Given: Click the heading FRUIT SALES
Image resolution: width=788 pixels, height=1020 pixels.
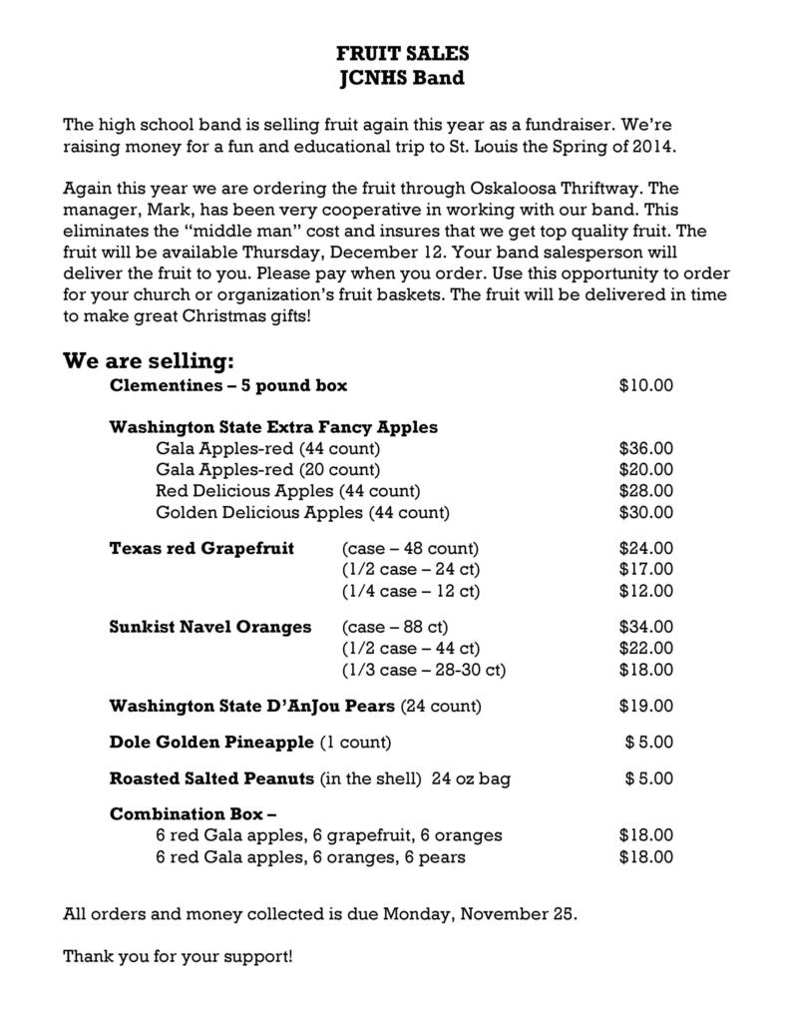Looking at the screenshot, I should click(402, 53).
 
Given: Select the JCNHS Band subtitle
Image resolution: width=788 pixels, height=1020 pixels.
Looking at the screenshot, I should click(402, 77).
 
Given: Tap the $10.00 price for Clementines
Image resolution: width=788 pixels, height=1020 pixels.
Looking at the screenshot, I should click(645, 385).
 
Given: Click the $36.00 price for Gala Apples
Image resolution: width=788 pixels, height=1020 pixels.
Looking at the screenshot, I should click(645, 448).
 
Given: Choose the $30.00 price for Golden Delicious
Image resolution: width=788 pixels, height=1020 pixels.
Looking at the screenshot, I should click(645, 513).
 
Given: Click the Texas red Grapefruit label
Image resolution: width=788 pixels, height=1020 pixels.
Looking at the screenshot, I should click(201, 548).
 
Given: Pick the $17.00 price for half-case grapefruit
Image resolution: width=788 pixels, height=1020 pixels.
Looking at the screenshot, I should click(645, 570).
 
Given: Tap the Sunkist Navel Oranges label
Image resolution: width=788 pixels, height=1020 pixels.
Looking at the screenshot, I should click(209, 627).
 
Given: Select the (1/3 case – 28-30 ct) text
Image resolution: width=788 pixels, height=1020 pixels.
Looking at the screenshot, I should click(423, 670).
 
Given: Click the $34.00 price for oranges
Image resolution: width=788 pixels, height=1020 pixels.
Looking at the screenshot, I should click(645, 627).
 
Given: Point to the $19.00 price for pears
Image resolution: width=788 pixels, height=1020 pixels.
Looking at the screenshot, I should click(645, 707).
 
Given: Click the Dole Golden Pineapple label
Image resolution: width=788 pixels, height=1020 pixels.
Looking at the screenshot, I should click(211, 743).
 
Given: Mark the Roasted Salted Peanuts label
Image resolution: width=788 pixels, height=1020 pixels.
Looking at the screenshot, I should click(211, 778).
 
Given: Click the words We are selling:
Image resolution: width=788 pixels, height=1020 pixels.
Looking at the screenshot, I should click(149, 359).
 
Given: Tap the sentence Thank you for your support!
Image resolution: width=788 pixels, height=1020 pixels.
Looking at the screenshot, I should click(178, 957).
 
